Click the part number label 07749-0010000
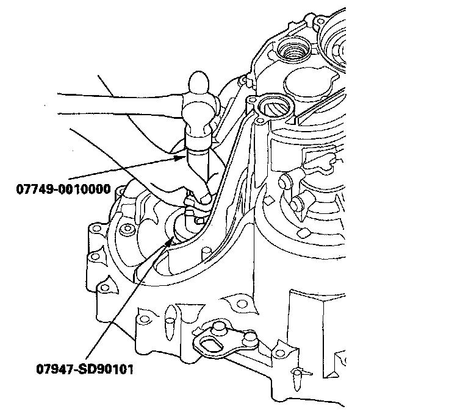click(x=63, y=189)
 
